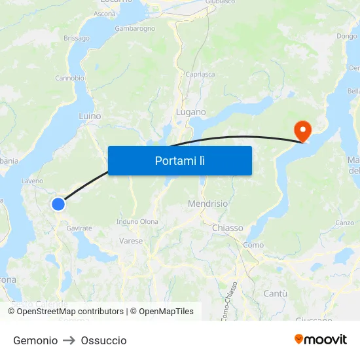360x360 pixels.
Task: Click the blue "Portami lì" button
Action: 179,160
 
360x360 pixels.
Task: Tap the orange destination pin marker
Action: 303,130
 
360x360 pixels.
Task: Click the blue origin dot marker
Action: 58,204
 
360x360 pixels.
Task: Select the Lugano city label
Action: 190,113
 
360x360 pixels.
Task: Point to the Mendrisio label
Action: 207,204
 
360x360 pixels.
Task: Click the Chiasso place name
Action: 228,228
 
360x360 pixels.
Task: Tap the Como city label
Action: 253,245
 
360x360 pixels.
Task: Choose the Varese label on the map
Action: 131,241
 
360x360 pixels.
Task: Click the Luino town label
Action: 90,116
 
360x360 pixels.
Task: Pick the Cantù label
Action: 275,293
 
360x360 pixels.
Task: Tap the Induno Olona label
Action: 137,221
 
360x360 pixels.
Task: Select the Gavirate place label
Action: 79,227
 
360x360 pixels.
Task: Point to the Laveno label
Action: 32,181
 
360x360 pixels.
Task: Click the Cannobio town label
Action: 69,78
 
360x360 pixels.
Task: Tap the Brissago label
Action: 77,38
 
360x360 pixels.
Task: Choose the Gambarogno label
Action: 135,29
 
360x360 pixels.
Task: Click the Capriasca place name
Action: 200,74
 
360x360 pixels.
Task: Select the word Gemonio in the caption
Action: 35,340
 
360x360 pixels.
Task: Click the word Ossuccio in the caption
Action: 103,340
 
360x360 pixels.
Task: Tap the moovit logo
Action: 320,339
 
